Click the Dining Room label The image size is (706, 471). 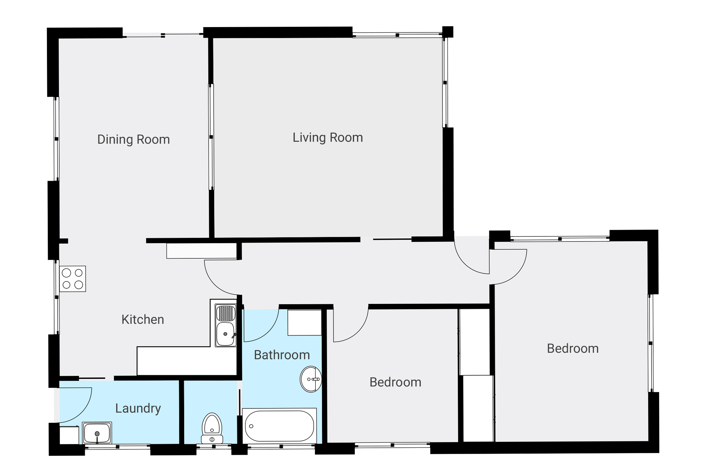pyautogui.click(x=133, y=139)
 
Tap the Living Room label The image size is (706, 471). pyautogui.click(x=327, y=137)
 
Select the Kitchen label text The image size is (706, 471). pyautogui.click(x=142, y=319)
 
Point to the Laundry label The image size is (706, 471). pyautogui.click(x=138, y=408)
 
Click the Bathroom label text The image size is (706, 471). pyautogui.click(x=281, y=355)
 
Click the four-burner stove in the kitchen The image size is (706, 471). pyautogui.click(x=72, y=278)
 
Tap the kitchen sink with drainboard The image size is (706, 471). pyautogui.click(x=225, y=325)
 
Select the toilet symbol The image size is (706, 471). pyautogui.click(x=212, y=428)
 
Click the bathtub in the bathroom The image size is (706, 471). pyautogui.click(x=279, y=426)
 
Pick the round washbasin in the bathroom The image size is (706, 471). pyautogui.click(x=311, y=379)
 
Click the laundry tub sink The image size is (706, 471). pyautogui.click(x=97, y=433)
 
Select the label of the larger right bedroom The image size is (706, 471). pyautogui.click(x=572, y=348)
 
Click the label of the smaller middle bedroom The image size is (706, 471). pyautogui.click(x=395, y=382)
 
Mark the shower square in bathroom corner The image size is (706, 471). pyautogui.click(x=304, y=323)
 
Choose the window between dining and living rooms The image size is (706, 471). pyautogui.click(x=211, y=137)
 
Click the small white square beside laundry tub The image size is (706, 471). pyautogui.click(x=69, y=435)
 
